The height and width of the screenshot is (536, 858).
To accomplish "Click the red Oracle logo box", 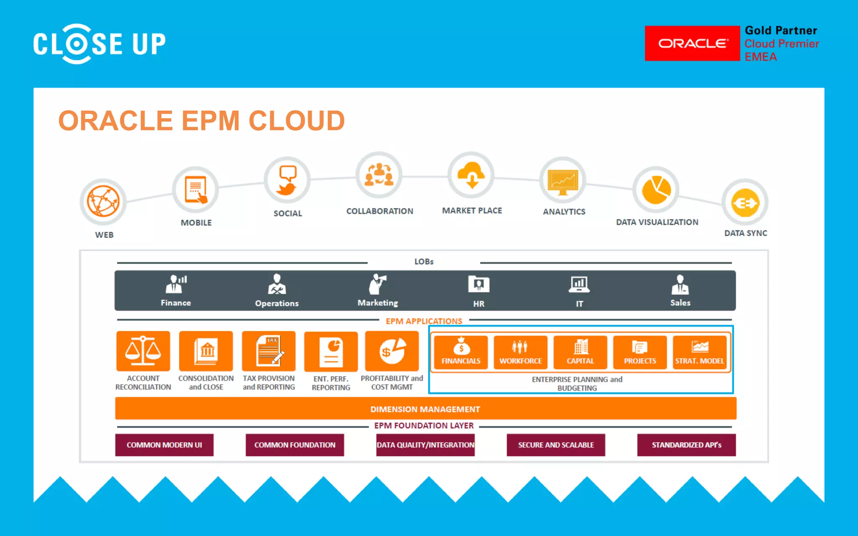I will [692, 44].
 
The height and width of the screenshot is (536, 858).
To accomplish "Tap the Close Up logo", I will [99, 44].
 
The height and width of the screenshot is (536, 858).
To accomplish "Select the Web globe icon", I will [103, 201].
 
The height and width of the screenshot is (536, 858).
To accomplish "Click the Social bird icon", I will [287, 180].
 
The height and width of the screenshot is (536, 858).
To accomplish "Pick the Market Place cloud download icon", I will [471, 175].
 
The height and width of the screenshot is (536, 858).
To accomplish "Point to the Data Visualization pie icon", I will [656, 190].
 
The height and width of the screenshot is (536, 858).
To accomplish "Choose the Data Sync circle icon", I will [745, 203].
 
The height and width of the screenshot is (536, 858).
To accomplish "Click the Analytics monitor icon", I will [563, 181].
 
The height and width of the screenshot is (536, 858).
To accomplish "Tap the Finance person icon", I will [176, 284].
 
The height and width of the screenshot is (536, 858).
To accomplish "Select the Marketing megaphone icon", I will [377, 284].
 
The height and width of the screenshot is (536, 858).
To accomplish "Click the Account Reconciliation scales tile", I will [143, 351].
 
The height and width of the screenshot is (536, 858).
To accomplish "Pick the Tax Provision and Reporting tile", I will [269, 351].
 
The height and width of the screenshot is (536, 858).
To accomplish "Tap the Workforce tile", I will [520, 352].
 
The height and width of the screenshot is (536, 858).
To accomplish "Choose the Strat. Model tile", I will [699, 352].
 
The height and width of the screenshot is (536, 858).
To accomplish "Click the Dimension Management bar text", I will [425, 409].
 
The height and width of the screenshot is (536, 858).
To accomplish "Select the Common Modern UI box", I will [164, 445].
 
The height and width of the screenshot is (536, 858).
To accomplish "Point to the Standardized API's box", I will [686, 445].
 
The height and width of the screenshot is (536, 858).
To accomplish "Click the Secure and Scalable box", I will [556, 445].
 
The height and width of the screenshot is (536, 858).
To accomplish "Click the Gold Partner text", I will [781, 31].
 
